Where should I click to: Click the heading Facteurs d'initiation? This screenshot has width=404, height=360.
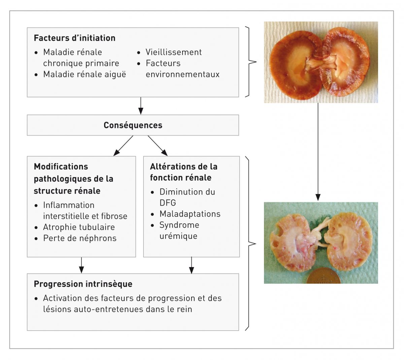pyautogui.click(x=74, y=38)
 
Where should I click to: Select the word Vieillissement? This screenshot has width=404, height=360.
pyautogui.click(x=173, y=52)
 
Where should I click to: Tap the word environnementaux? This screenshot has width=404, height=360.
pyautogui.click(x=182, y=74)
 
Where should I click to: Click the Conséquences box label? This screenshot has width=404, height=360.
pyautogui.click(x=133, y=125)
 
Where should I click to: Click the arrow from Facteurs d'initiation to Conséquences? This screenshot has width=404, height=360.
pyautogui.click(x=141, y=106)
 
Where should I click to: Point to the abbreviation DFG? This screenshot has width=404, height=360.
pyautogui.click(x=168, y=203)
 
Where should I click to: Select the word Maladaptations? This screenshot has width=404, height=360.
pyautogui.click(x=190, y=214)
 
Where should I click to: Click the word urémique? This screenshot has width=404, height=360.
pyautogui.click(x=178, y=236)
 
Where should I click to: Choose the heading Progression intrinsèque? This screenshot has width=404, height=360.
pyautogui.click(x=83, y=284)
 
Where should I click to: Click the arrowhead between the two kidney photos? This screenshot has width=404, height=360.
pyautogui.click(x=318, y=197)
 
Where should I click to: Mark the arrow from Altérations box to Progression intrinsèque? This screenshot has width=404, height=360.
pyautogui.click(x=191, y=265)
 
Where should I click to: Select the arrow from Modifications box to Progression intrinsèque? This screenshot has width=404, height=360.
pyautogui.click(x=81, y=265)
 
